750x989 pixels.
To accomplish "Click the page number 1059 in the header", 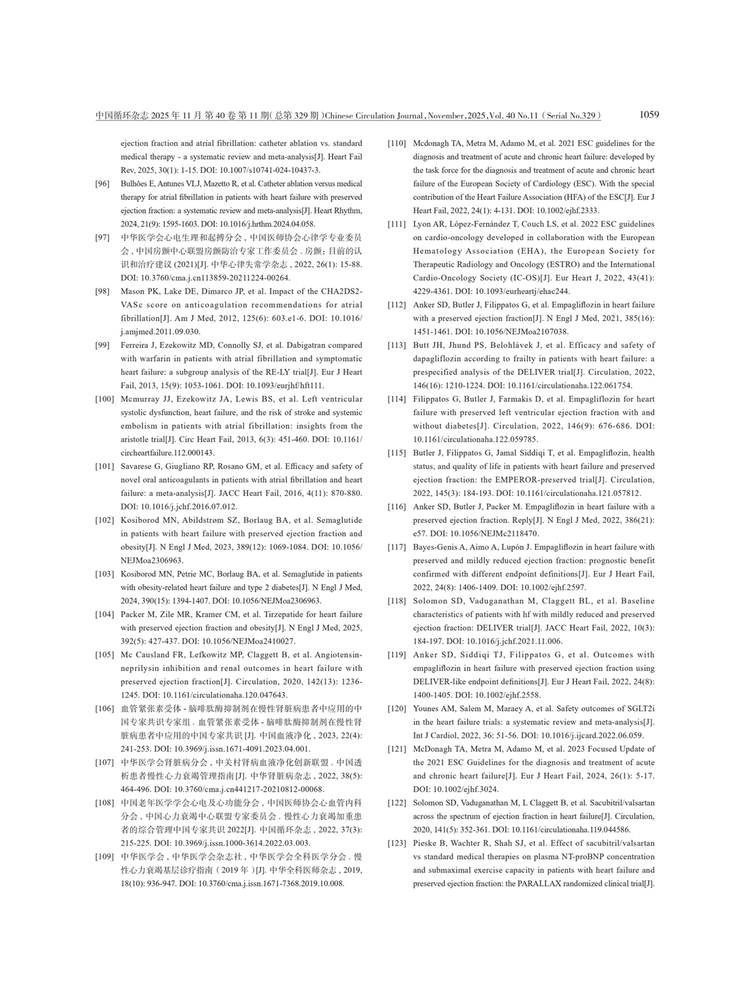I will click(649, 115).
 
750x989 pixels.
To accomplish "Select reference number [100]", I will click(104, 399).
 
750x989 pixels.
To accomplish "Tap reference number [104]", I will click(104, 615).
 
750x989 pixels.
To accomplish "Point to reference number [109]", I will click(104, 857).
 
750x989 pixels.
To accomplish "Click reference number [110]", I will click(397, 144).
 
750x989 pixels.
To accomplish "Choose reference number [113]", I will click(397, 345).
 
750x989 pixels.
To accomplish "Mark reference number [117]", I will click(397, 547).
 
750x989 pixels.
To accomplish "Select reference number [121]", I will click(397, 749).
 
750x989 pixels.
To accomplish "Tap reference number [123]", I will click(397, 843).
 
